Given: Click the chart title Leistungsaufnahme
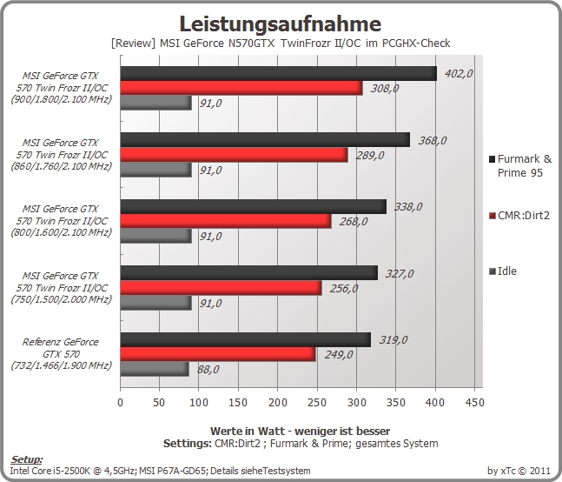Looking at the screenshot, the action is [280, 23].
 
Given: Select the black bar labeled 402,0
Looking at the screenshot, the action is [279, 73].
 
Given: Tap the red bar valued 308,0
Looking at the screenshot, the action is [241, 88].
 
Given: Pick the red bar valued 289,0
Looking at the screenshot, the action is [234, 155].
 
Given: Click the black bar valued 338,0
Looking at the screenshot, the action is [254, 206].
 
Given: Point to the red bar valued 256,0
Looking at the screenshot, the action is [221, 288].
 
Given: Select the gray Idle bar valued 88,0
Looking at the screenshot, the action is [155, 369].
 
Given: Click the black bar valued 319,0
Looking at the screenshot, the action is [246, 339].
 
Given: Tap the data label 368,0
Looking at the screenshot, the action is [433, 140].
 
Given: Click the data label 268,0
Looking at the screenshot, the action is [354, 222].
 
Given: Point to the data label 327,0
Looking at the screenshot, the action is [400, 274].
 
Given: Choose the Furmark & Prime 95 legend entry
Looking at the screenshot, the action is [521, 166].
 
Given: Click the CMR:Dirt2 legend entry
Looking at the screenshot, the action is [519, 216].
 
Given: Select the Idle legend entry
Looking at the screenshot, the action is [503, 271].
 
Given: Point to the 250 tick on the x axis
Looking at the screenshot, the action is [317, 402].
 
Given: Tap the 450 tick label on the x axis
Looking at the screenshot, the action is [475, 402].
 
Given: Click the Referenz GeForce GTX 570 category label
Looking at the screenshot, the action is [61, 354].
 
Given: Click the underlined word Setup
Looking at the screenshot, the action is [26, 459].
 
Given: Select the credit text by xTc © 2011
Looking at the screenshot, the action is [519, 471].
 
